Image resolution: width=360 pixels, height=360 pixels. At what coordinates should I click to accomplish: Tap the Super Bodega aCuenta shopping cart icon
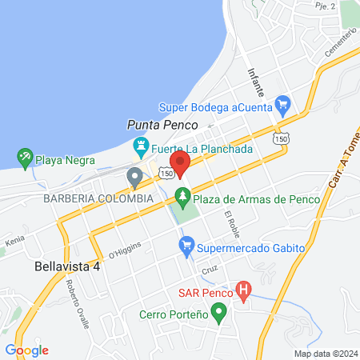(x=282, y=103)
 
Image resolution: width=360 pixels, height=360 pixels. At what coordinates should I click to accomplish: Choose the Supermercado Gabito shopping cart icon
(x=186, y=249)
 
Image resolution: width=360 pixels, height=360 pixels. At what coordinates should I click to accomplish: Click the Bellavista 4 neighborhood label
(x=67, y=266)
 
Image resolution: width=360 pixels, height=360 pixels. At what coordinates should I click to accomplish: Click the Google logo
(x=26, y=350)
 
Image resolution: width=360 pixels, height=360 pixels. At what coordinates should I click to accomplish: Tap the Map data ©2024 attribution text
(x=325, y=354)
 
